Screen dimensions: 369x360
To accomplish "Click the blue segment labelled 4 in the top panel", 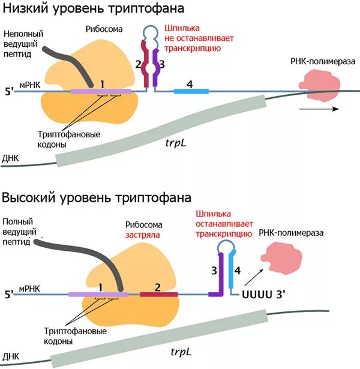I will click(x=191, y=91).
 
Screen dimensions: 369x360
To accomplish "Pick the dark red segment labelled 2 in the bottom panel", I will click(x=158, y=295).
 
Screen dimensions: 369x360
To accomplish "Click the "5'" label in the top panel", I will click(x=9, y=93).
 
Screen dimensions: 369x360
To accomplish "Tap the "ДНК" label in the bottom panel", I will click(x=11, y=356).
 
